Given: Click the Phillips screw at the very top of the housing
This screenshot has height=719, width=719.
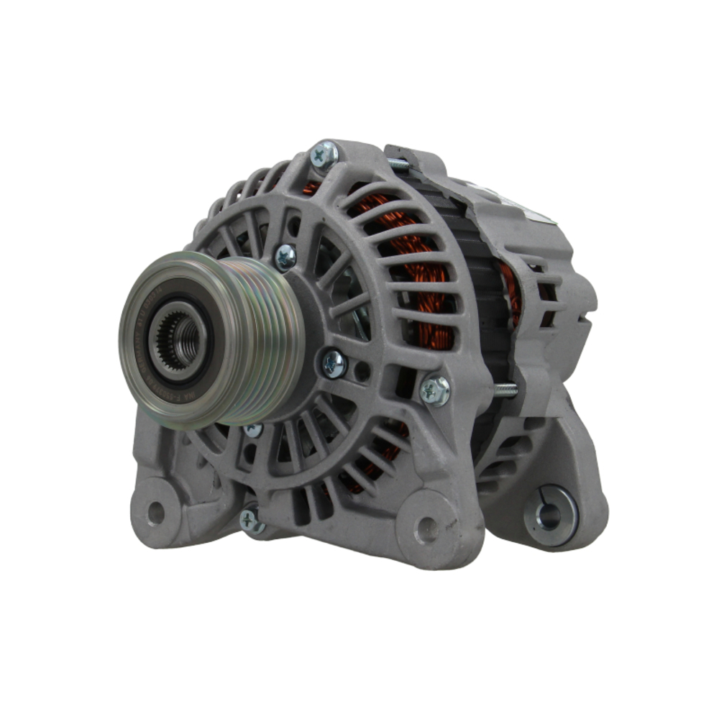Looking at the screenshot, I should click(x=324, y=155).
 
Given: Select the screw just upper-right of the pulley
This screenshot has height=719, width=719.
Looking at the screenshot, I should click(x=285, y=257).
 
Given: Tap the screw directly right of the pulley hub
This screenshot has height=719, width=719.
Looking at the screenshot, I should click(x=334, y=364).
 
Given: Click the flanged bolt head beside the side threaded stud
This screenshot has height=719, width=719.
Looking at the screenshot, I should click(x=435, y=390).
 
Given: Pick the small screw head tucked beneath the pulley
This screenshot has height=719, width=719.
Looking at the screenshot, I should click(x=253, y=430).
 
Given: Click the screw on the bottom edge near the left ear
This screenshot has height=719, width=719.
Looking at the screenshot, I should click(x=251, y=521).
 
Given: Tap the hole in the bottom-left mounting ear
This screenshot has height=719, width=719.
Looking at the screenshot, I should click(x=155, y=513).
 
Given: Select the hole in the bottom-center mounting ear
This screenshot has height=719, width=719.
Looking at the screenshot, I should click(x=426, y=530).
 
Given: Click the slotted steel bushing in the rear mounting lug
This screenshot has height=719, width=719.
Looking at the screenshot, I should click(x=551, y=516).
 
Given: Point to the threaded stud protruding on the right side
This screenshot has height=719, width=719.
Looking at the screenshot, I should click(x=505, y=390).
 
